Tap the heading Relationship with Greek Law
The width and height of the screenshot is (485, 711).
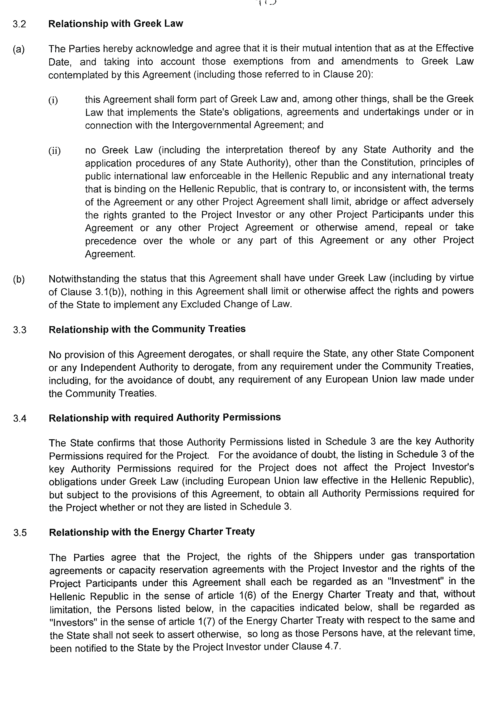[116, 24]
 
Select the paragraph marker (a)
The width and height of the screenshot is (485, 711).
[19, 49]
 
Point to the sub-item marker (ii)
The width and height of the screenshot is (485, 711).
[54, 151]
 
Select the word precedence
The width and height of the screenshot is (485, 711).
[110, 241]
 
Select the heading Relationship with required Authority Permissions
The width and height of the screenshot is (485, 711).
[165, 417]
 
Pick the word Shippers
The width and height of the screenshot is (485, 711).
[333, 556]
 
